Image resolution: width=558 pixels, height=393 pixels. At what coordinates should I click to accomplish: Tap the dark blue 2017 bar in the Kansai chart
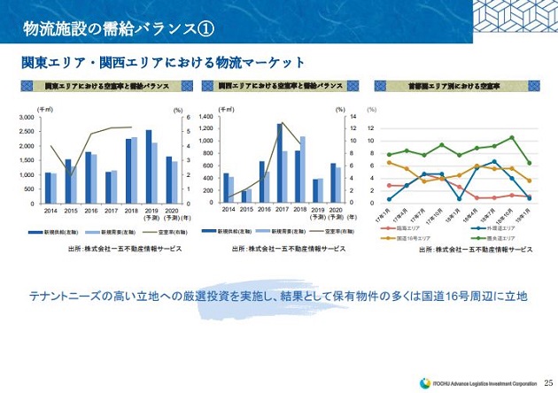click(280, 163)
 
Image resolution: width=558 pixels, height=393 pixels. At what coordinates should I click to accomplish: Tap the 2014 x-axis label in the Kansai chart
click(229, 211)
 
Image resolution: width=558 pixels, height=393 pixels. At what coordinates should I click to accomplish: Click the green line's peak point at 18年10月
click(512, 138)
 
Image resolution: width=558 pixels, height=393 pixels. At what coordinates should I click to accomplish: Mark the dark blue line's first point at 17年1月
click(389, 198)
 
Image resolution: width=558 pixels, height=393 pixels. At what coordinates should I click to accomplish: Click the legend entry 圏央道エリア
click(497, 238)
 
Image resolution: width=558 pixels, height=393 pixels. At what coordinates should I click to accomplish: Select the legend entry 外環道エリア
click(496, 228)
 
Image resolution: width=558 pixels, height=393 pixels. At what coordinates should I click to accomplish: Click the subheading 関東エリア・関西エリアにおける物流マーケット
click(163, 63)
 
